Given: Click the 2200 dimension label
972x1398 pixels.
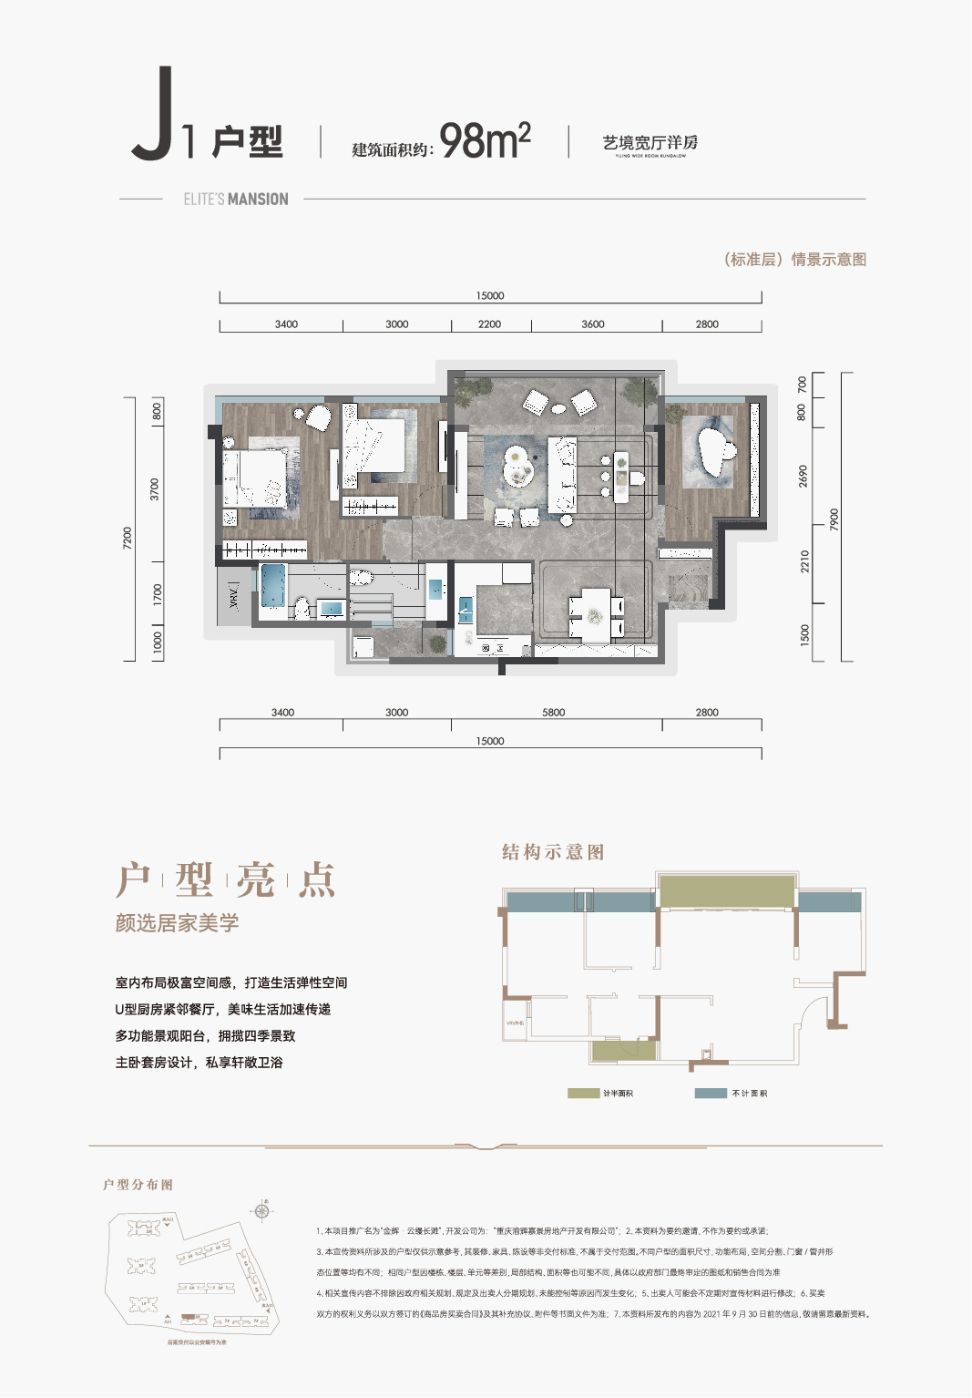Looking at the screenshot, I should tap(489, 324).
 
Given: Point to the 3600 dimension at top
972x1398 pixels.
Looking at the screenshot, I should tap(592, 324).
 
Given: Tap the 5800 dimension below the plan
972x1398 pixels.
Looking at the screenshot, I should tap(553, 713).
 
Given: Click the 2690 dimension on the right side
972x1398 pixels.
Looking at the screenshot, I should tap(803, 476).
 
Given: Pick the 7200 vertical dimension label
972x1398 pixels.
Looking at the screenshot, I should tap(128, 538).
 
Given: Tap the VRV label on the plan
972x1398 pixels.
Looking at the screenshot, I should tap(234, 598).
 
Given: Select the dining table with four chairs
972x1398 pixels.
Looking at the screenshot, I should tap(593, 616).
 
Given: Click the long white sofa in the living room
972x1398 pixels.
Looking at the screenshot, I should tap(562, 475).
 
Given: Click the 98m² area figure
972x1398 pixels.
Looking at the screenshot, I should tap(485, 141).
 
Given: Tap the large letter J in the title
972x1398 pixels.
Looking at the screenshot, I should tap(155, 116).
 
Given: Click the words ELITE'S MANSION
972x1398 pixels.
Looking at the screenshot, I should tap(236, 200).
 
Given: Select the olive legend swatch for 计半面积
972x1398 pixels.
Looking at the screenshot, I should tap(583, 1093).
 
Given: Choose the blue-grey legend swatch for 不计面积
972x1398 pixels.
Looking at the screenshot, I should tap(711, 1093).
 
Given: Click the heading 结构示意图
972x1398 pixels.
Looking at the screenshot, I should tap(553, 852).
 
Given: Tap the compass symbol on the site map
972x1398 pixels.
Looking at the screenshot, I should tap(262, 1211).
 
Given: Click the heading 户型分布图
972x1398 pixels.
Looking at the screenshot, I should tap(138, 1185).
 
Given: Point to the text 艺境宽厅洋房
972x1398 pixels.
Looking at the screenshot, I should tap(650, 143).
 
